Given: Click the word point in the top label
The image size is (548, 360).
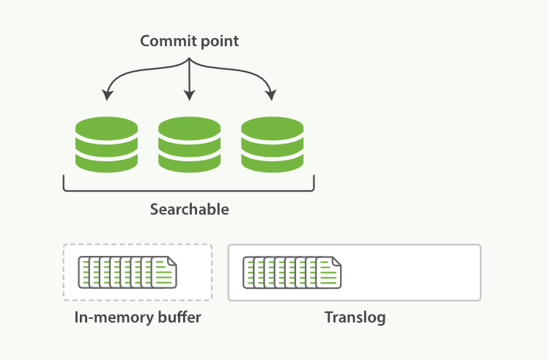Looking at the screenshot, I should click(x=218, y=42).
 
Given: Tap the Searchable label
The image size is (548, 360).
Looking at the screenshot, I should click(x=189, y=210).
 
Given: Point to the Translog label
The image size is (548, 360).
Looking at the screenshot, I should click(x=355, y=318).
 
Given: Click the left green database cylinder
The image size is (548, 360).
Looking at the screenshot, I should click(x=106, y=144).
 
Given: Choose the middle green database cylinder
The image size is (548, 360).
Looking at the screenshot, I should click(x=190, y=144).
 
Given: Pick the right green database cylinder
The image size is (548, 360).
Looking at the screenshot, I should click(x=273, y=144).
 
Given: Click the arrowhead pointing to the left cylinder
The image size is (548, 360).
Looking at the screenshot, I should click(x=107, y=95).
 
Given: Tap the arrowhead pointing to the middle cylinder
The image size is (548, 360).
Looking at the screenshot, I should click(x=190, y=95).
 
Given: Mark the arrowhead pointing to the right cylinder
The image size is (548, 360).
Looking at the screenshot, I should click(x=273, y=95).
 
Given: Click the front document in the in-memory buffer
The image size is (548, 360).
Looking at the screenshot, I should click(x=165, y=272).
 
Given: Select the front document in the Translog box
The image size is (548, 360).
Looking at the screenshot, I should click(x=329, y=272).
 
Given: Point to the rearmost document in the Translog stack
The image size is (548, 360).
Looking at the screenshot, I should click(x=247, y=272).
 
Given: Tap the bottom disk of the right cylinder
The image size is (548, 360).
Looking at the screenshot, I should click(x=273, y=163).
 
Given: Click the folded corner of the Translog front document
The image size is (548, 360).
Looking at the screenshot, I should click(x=336, y=261).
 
